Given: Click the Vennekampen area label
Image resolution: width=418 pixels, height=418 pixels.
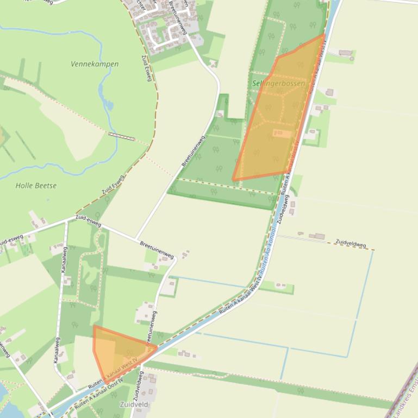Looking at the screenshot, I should click(95, 64).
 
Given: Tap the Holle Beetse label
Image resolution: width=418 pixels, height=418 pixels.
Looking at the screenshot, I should click(36, 186).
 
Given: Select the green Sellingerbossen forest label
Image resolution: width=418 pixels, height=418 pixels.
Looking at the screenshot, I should click(279, 84).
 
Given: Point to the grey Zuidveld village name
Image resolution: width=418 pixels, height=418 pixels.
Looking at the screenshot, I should click(134, 405).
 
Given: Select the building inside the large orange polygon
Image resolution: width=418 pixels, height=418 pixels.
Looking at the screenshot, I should click(282, 133).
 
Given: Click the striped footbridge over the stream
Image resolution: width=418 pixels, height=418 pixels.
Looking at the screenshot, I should click(122, 136).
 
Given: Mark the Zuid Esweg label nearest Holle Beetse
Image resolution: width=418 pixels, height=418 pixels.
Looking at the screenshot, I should click(113, 185).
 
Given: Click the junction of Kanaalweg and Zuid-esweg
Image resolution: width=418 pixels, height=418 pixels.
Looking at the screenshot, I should click(66, 221).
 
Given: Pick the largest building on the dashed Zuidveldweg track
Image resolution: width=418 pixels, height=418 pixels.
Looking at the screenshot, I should click(317, 236).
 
